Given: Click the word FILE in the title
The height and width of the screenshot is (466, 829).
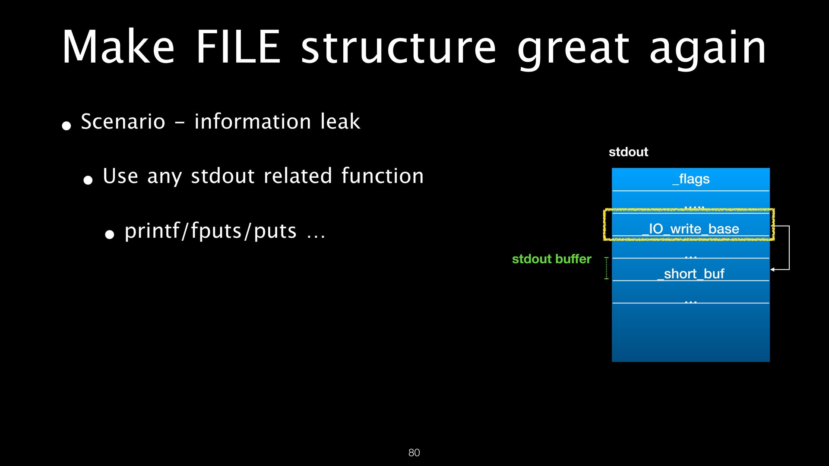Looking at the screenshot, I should pos(238,47).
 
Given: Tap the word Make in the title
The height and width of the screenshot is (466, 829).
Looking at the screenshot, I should pos(118,47).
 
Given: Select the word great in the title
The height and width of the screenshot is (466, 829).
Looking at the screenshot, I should pos(573,48).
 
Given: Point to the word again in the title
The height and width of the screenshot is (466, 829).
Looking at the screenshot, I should pos(708,48).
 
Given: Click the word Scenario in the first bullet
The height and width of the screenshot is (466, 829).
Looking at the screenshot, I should pos(123,122).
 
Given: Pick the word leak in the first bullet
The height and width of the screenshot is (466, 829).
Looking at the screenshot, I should pos(340,122).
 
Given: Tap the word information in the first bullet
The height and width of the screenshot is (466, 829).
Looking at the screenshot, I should pos(253,122).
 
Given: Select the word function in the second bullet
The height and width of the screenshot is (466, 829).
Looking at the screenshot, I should pos(383,176).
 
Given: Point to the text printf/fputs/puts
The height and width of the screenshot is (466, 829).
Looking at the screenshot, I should pos(211,231).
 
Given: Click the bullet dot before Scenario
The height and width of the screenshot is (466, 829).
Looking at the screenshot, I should pos(66,126).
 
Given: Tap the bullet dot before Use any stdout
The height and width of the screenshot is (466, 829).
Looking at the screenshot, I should pos(88,180).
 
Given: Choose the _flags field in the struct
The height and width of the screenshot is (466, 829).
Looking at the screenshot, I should pos(691,179).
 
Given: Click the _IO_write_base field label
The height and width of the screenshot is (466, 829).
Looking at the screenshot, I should pos(691,229).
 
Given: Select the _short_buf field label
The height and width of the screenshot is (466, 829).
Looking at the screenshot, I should pos(691,274).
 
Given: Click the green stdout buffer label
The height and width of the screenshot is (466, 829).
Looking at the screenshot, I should pos(551,259).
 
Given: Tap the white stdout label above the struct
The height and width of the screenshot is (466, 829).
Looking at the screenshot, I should pos(628,152).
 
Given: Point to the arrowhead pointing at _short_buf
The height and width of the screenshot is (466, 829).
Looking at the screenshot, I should pos(773,270).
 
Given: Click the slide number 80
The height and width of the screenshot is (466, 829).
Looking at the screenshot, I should pos(414,453).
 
